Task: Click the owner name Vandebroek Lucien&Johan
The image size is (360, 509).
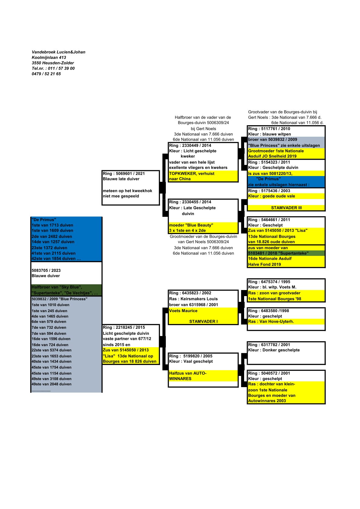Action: [58, 52]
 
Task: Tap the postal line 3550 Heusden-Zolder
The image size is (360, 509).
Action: [53, 63]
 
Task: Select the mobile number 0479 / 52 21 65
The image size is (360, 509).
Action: [46, 74]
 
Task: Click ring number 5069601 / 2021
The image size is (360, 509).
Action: [124, 174]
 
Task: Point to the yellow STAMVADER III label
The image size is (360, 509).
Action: [286, 208]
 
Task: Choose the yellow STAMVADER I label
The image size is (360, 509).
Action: [203, 321]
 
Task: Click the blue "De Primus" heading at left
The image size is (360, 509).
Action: [44, 220]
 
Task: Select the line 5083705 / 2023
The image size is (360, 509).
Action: [46, 270]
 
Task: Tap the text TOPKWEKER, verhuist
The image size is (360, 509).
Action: [191, 174]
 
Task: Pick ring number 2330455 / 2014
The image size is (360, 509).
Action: [190, 202]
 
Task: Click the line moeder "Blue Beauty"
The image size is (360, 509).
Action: [191, 225]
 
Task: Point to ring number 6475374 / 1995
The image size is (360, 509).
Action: [269, 282]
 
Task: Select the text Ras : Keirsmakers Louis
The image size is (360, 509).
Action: [193, 299]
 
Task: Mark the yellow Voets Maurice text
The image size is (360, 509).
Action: [183, 311]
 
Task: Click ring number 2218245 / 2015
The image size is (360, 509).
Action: [124, 327]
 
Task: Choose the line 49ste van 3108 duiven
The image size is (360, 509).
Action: [51, 379]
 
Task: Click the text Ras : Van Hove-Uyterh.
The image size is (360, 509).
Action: [271, 321]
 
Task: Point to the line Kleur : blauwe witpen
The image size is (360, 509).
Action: [269, 134]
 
